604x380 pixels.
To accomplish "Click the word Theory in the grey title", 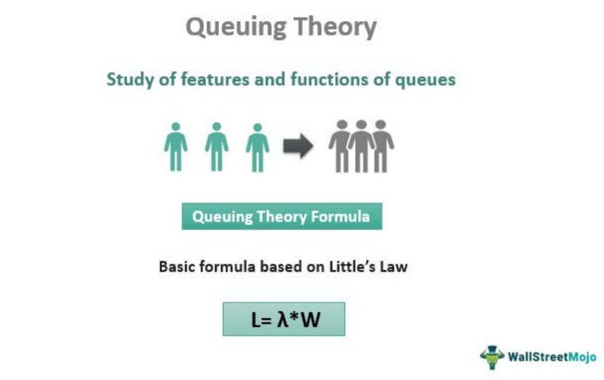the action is [x=335, y=28].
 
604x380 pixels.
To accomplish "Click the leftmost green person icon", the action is [x=176, y=146].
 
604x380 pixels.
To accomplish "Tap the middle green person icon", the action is [x=216, y=146].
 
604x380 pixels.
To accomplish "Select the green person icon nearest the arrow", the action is [x=258, y=148].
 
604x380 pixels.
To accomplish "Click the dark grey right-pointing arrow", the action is [x=298, y=146].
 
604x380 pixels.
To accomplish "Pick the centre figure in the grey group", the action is [x=361, y=146].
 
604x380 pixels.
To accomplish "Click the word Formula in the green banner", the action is [x=340, y=217].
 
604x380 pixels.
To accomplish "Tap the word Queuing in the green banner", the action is [x=222, y=217].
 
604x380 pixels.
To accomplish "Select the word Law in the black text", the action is [x=394, y=267].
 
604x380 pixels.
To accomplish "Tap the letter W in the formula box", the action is [x=310, y=320].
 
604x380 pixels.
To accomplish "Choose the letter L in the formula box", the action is [x=256, y=320].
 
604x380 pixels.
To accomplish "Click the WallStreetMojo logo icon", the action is [x=492, y=357].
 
